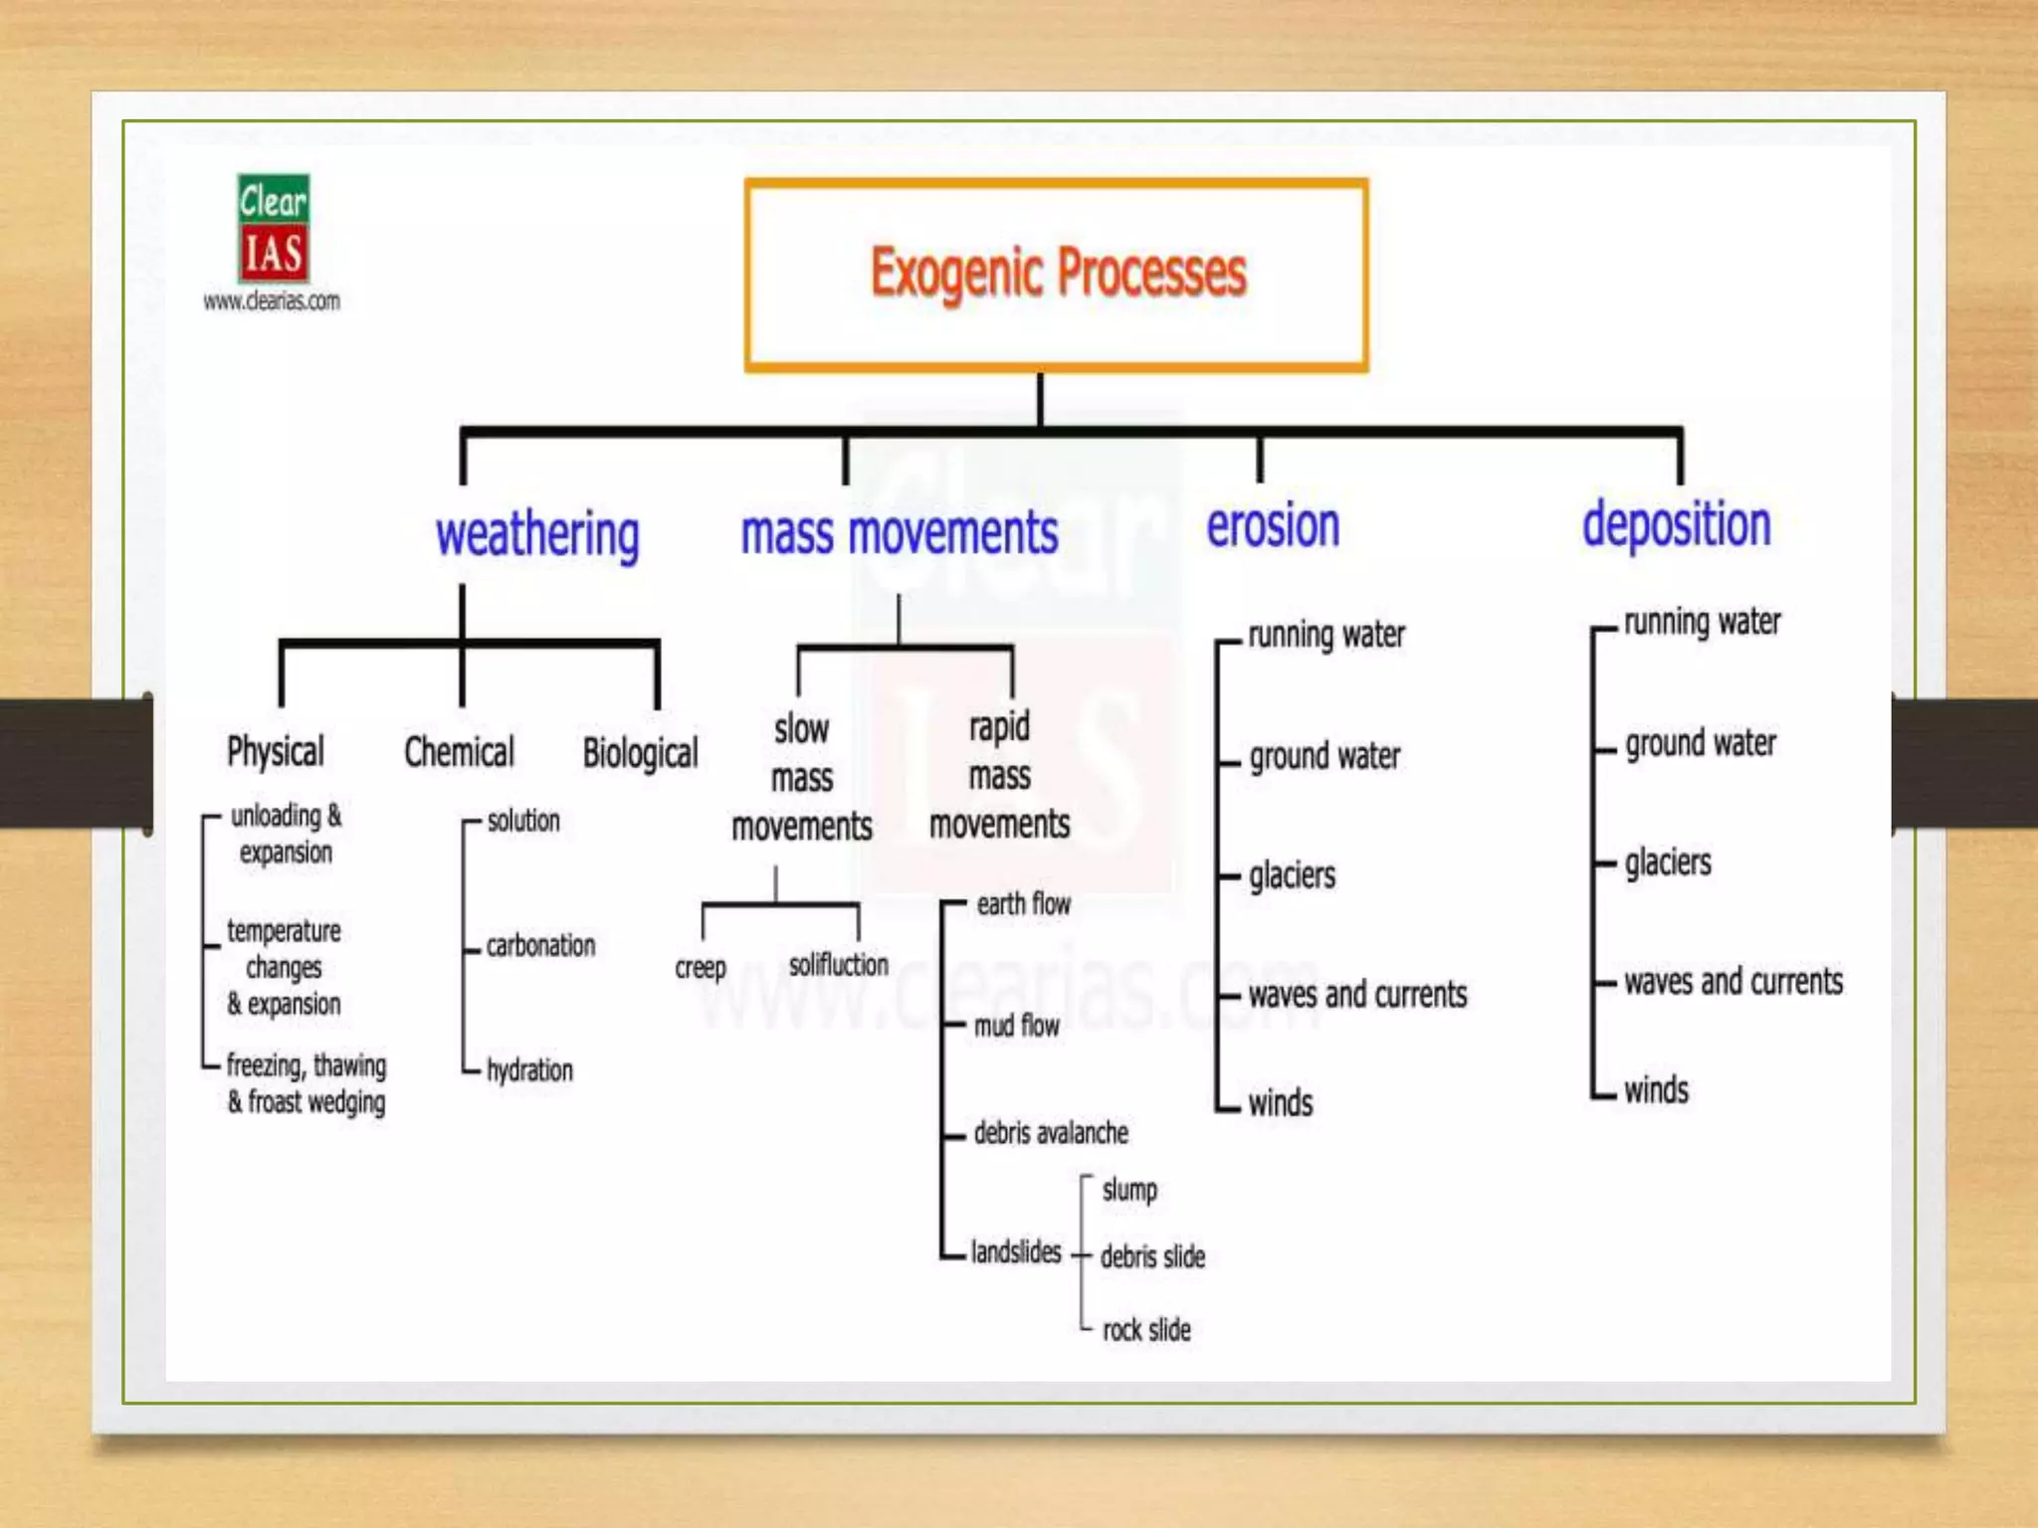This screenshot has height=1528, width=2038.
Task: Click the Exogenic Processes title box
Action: tap(1057, 275)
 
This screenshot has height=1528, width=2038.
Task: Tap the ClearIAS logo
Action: tap(273, 229)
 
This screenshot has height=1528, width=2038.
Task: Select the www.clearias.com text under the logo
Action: tap(272, 300)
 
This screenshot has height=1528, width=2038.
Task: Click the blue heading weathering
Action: tap(537, 534)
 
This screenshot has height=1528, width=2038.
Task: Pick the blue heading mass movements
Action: tap(900, 532)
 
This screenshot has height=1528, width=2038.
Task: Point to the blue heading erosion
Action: tap(1273, 525)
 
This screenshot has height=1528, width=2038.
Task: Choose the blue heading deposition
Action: tap(1677, 524)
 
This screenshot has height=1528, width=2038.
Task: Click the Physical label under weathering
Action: tap(276, 751)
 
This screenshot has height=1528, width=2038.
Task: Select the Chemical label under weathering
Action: tap(459, 752)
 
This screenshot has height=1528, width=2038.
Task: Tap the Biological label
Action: tap(640, 753)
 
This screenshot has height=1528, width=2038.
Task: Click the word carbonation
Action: tap(540, 945)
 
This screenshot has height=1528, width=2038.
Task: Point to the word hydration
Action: tap(529, 1070)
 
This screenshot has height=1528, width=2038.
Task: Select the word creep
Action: tap(701, 967)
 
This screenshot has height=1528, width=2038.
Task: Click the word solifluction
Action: tap(838, 964)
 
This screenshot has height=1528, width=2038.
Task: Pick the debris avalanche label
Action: tap(1051, 1132)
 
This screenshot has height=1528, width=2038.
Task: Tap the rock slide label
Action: tap(1146, 1329)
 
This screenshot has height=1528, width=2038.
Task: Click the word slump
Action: tap(1129, 1190)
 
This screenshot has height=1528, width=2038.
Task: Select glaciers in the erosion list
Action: tap(1292, 875)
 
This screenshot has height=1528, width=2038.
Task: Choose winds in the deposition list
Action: tap(1656, 1089)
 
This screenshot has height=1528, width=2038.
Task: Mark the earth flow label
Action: tap(1023, 903)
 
